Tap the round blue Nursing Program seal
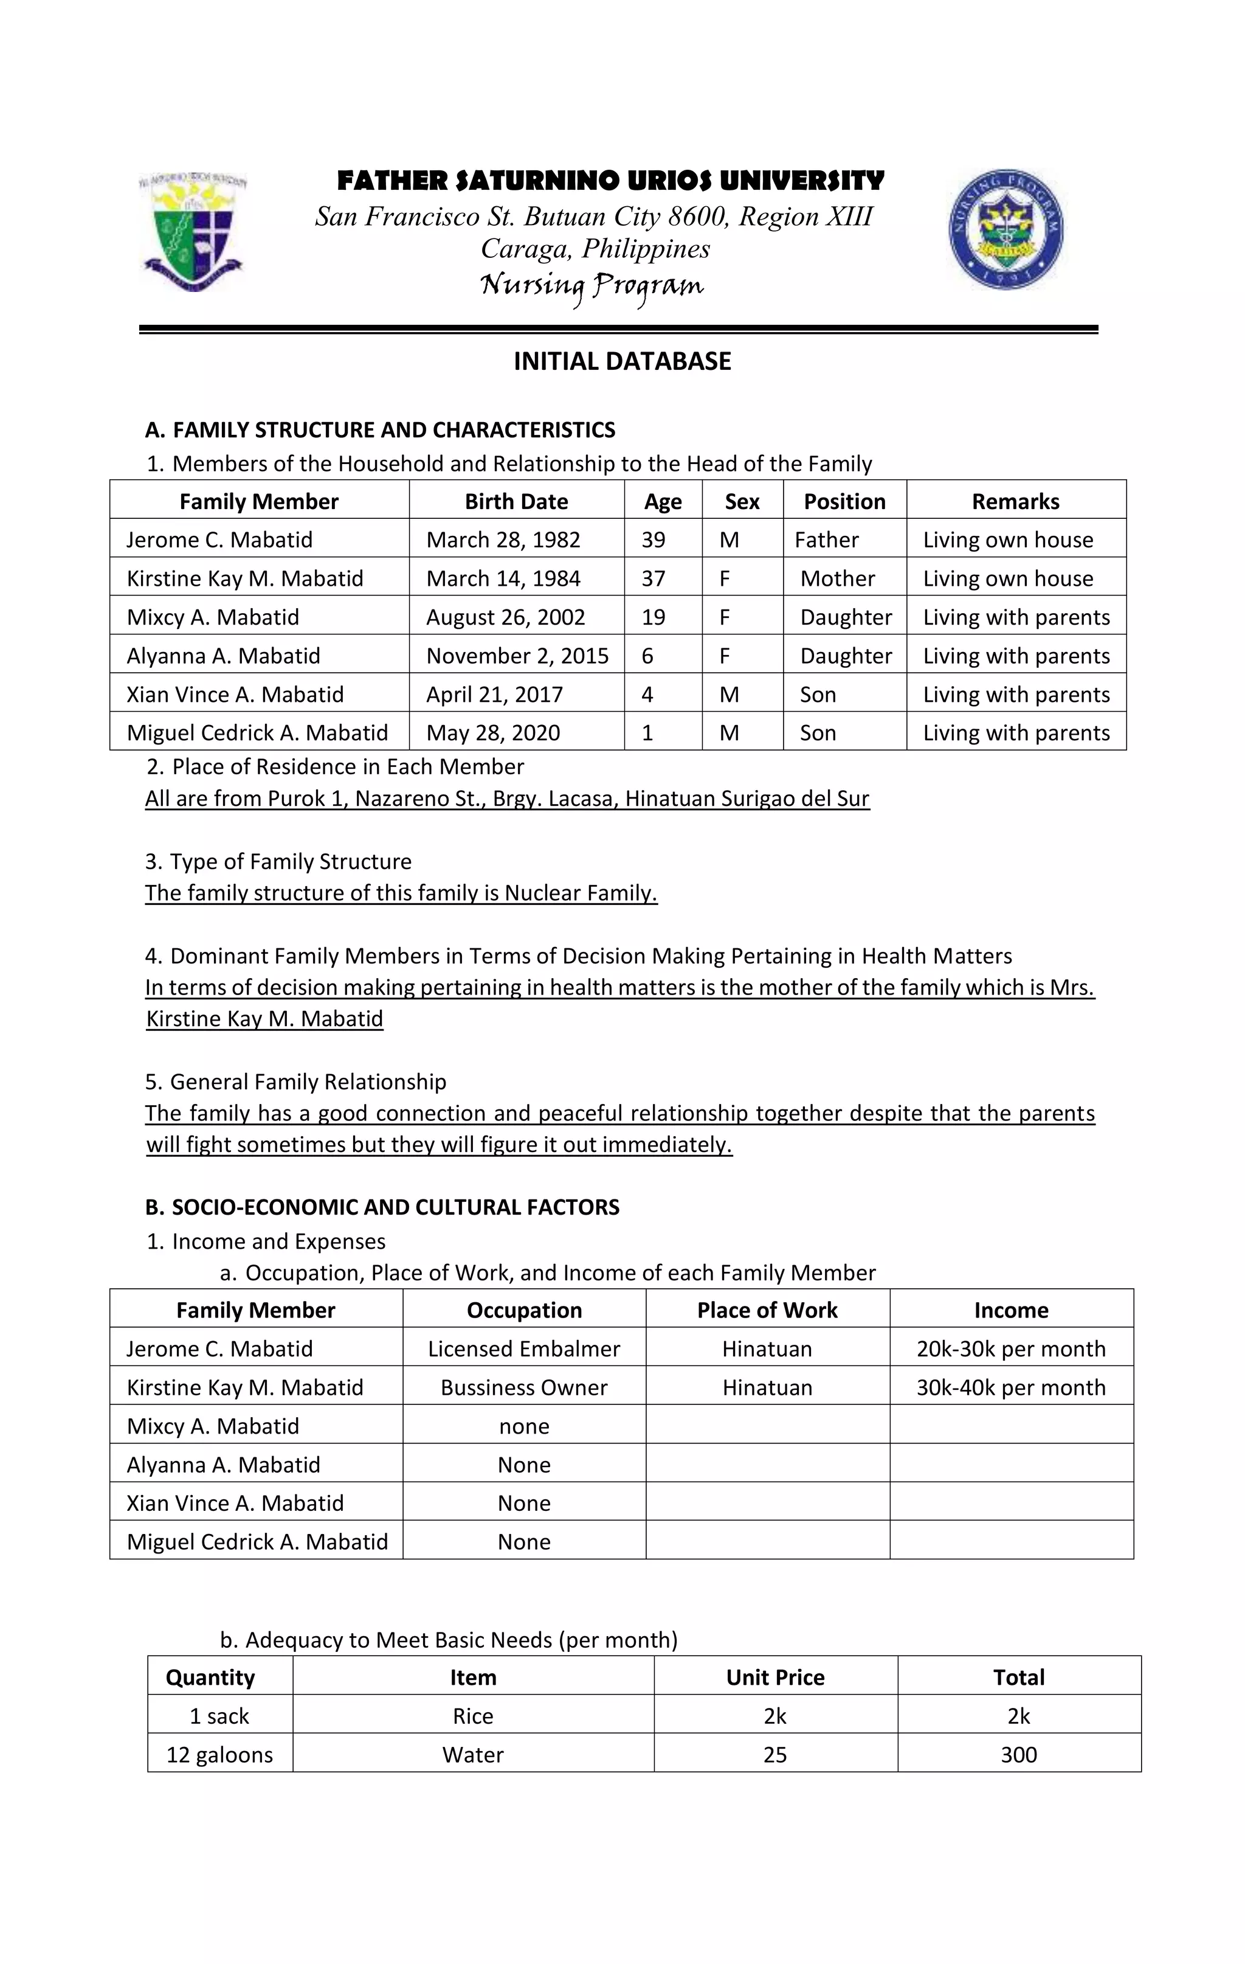click(1005, 230)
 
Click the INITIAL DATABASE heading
click(622, 361)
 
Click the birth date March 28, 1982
click(503, 540)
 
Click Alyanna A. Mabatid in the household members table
click(223, 656)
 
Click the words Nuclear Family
click(580, 892)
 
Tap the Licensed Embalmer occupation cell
click(523, 1348)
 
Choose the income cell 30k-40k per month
click(1010, 1387)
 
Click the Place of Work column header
click(767, 1310)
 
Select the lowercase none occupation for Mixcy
click(523, 1426)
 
